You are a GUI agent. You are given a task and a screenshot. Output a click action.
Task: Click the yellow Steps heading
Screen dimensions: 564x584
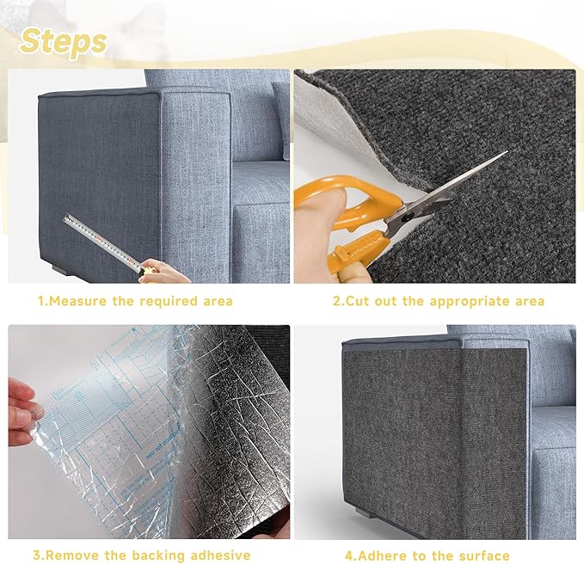(x=65, y=41)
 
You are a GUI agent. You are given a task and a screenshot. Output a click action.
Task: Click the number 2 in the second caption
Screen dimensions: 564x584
(x=336, y=302)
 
